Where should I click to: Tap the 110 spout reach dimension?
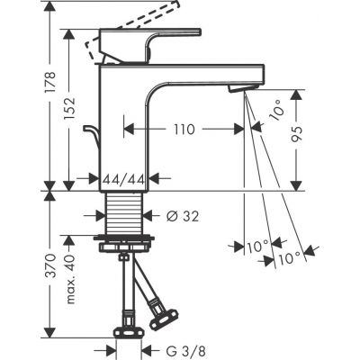(x=184, y=129)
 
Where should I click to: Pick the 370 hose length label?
(x=24, y=270)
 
